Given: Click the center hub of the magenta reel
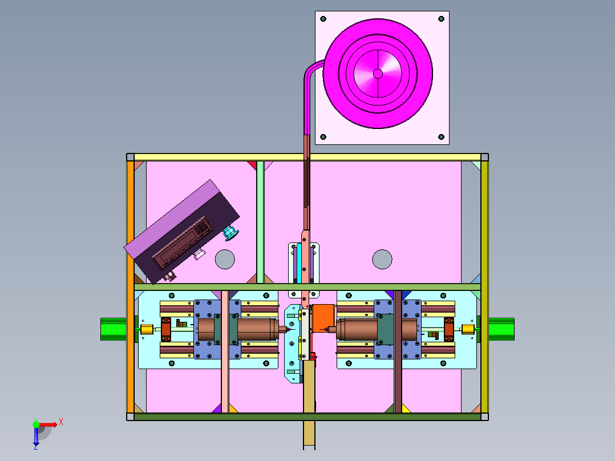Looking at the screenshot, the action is coord(378,74).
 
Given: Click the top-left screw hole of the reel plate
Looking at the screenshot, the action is coord(323,19).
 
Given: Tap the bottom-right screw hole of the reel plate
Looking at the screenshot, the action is coord(441,137).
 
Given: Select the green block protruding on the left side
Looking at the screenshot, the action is coord(114,329).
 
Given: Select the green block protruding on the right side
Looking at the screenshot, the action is coord(501,329).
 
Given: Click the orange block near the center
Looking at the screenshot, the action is coord(323,318).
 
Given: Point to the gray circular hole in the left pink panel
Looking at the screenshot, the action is coord(225,260).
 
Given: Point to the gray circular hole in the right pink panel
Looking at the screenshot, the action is coord(382,260).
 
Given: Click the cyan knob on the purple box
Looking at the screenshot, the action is coord(230,233).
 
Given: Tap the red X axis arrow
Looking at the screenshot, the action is coord(48,424).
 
